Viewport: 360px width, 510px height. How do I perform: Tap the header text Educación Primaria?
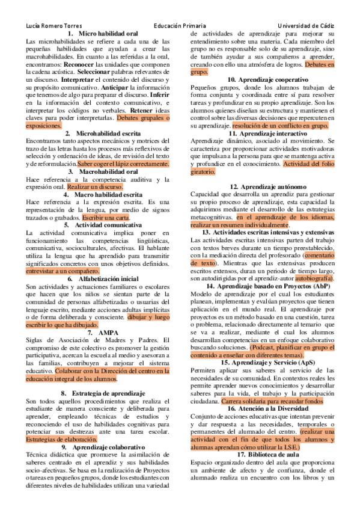point(180,26)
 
